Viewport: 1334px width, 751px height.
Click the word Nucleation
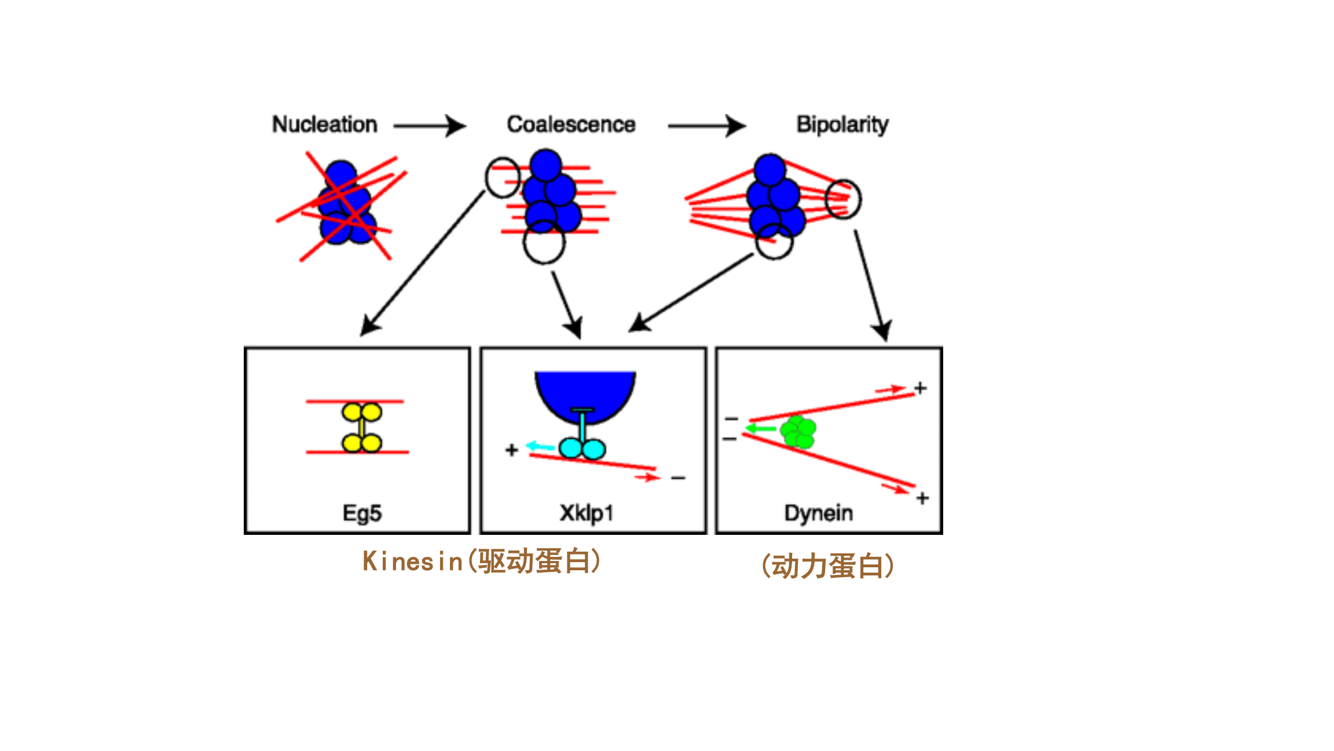[x=324, y=125]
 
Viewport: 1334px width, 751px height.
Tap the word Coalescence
[x=571, y=125]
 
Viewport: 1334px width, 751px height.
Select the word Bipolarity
[x=842, y=125]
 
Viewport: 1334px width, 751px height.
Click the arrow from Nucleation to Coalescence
[x=430, y=126]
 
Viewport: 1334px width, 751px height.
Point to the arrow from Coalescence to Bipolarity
[x=706, y=126]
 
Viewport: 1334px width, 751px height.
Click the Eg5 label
[x=362, y=513]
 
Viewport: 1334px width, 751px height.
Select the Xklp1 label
[x=586, y=513]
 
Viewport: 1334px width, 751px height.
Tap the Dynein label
[x=818, y=513]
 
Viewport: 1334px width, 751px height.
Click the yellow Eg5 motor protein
[x=362, y=428]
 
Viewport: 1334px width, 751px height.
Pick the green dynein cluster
[x=798, y=432]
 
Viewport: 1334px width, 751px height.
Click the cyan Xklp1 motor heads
[x=582, y=449]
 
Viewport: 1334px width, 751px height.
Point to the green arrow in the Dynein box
[x=760, y=429]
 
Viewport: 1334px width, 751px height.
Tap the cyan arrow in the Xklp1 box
[x=540, y=447]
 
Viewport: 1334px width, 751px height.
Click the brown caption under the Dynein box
[x=828, y=566]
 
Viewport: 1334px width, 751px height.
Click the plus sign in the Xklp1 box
[x=511, y=450]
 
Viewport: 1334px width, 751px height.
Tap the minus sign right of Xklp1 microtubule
[x=678, y=478]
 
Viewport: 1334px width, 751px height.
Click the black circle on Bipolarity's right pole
[x=843, y=199]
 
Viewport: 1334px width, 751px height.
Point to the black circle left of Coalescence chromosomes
[x=503, y=177]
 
